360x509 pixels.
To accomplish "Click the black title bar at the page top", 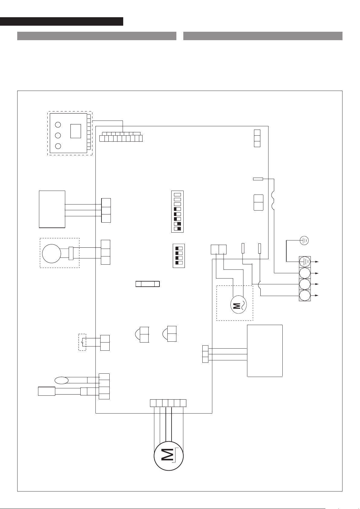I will [x=62, y=21].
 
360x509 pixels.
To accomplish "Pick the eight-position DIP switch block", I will [x=178, y=211].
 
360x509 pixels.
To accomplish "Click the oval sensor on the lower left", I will [x=61, y=380].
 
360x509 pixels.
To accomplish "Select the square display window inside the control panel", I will [x=76, y=131].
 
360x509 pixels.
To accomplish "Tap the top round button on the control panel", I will [x=58, y=124].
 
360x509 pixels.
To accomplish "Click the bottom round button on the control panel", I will [x=58, y=146].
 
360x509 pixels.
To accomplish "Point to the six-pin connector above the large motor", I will [x=168, y=403].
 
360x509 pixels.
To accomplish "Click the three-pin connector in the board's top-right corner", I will [x=257, y=138].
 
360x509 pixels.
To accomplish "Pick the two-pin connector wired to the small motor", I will [x=219, y=249].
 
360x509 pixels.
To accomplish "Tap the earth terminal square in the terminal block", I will [x=305, y=261].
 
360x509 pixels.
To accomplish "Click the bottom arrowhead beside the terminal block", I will [x=317, y=295].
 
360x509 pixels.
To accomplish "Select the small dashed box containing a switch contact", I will [x=82, y=342].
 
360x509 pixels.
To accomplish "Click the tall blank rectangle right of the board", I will [x=265, y=351].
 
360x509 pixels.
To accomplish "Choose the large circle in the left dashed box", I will [x=52, y=253].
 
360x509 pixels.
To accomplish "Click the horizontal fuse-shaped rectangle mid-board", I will [x=148, y=284].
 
